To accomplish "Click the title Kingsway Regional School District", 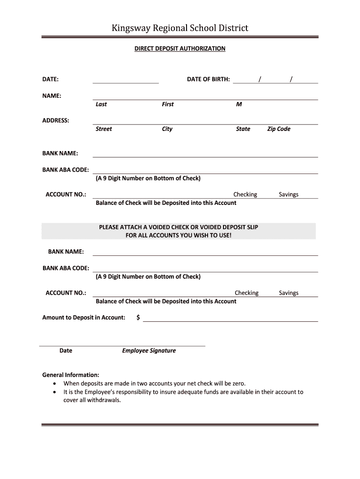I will tap(180, 28).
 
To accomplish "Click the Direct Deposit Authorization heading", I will tap(180, 49).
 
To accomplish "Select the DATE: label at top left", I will tap(50, 80).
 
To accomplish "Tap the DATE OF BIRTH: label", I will tap(208, 80).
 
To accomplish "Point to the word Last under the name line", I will tap(101, 104).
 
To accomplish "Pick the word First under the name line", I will tap(167, 104).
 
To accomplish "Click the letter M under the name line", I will tap(239, 104).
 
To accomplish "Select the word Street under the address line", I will tap(104, 129).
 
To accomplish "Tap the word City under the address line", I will tap(167, 129).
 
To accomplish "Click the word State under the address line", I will tap(243, 129).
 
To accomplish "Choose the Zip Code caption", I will tap(279, 129).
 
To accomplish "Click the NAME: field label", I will tap(52, 96).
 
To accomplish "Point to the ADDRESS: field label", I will tap(56, 121).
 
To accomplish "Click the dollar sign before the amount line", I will tap(138, 318).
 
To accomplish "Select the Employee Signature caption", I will tap(149, 350).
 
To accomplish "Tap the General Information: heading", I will tap(71, 375).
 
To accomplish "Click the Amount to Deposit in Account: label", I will tap(84, 318).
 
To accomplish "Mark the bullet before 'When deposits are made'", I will tap(55, 384).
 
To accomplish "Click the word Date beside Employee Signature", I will tap(66, 350).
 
